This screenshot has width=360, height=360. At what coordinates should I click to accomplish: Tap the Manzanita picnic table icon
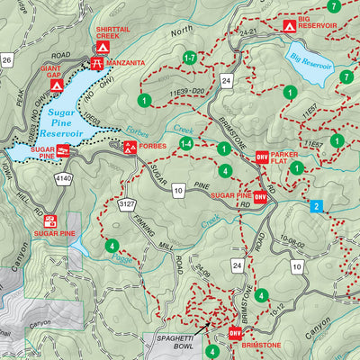(x=96, y=63)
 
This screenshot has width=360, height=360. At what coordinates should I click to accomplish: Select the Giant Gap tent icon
(x=57, y=85)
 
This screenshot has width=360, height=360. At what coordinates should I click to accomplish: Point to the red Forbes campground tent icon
(x=131, y=148)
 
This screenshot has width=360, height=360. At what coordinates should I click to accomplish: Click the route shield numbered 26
(x=6, y=61)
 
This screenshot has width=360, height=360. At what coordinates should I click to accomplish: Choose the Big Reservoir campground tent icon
(x=290, y=26)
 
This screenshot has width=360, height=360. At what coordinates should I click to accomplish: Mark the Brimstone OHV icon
(x=236, y=333)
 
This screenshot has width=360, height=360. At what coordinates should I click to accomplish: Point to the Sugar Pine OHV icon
(x=259, y=195)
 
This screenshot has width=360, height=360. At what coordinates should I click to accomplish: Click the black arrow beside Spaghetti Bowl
(x=208, y=327)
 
